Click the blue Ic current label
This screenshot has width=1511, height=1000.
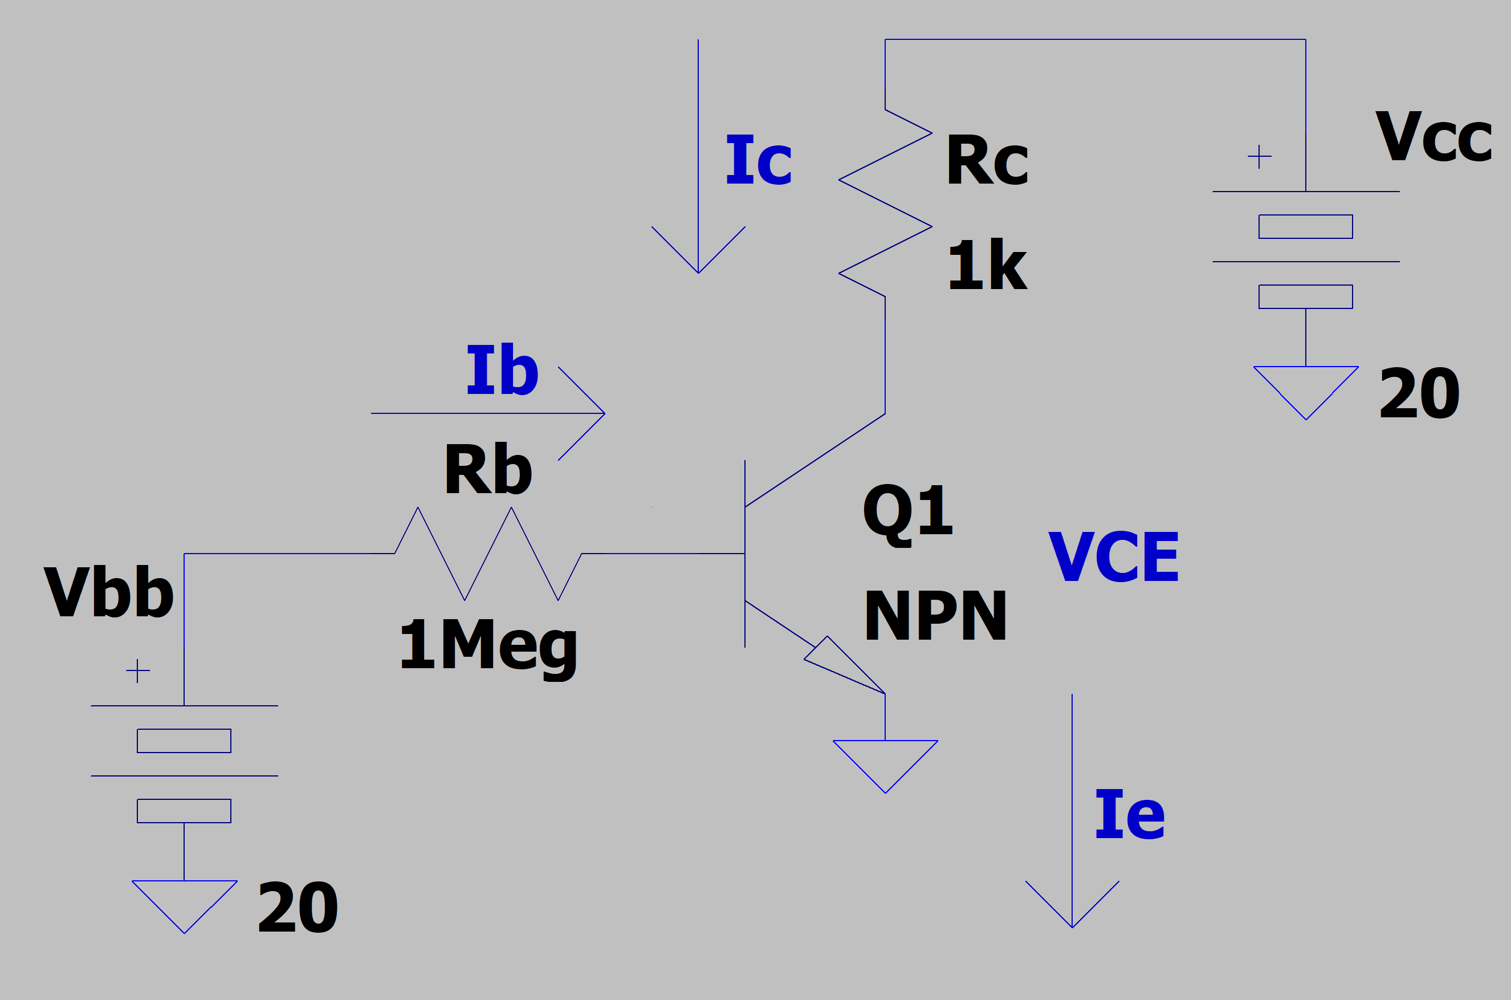point(759,160)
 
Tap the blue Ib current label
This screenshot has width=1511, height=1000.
point(502,369)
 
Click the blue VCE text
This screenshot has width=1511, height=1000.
point(1113,557)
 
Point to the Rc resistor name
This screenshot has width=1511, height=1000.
point(987,160)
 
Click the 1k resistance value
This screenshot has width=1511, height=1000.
point(987,265)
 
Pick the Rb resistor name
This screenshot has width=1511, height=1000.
point(488,469)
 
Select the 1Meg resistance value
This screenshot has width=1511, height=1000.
point(488,645)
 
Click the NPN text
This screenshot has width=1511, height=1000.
point(935,615)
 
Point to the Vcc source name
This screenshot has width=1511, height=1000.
point(1433,136)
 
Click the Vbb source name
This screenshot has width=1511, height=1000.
point(108,591)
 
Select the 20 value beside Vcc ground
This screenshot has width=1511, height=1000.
point(1419,393)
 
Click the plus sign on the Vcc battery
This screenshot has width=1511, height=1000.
point(1259,156)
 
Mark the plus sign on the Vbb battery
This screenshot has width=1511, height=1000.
point(138,671)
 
